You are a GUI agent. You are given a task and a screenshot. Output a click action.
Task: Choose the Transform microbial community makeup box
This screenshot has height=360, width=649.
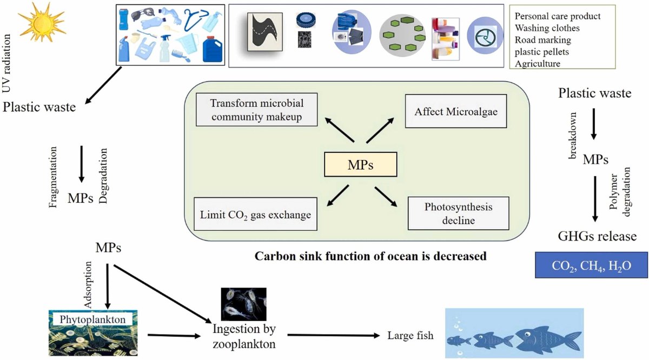[x=256, y=110]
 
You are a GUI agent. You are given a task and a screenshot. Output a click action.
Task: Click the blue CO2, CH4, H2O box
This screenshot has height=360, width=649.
[x=591, y=266]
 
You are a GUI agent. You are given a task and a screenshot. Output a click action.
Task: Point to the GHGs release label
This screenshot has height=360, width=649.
[x=597, y=236]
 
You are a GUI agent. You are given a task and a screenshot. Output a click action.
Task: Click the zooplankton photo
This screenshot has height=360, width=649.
[x=243, y=304]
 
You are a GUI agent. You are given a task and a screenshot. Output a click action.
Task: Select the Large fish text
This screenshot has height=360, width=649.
[x=410, y=336]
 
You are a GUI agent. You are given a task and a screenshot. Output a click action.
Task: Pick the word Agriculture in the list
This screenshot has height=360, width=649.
[x=538, y=64]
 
